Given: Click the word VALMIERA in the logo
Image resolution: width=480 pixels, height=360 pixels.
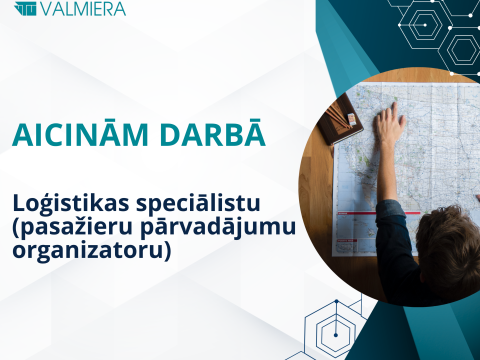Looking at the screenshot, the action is [x=83, y=8].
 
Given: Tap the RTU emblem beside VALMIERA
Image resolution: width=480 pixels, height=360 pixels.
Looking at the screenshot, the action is [x=25, y=8].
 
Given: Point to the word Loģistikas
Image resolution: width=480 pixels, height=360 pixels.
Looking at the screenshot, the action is [x=71, y=204].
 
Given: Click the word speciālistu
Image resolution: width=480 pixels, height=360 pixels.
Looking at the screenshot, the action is [x=198, y=204].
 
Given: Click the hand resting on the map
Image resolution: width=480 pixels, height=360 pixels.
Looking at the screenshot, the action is [x=390, y=123].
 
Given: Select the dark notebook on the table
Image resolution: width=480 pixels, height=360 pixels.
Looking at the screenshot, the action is [x=340, y=119].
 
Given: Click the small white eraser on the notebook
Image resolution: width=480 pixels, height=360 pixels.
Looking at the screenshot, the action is [x=351, y=120].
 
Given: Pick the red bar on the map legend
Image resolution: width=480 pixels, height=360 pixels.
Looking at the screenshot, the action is [x=378, y=213].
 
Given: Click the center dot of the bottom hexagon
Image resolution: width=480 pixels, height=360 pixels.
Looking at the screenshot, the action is [x=336, y=335].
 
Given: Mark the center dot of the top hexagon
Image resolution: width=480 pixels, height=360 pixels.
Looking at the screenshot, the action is [x=425, y=25].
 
